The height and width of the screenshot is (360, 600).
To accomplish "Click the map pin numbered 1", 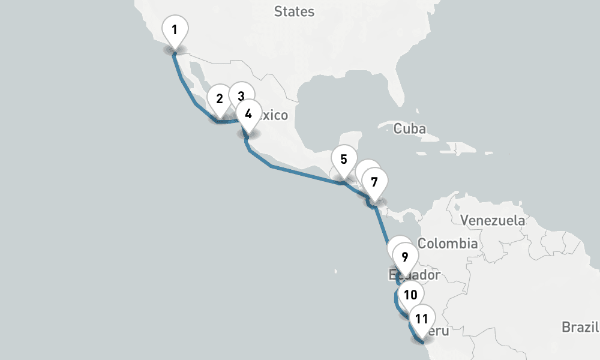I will tap(175, 30).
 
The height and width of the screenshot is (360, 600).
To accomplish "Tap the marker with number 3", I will tap(241, 96).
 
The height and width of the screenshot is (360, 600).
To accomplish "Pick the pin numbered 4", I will tap(248, 113).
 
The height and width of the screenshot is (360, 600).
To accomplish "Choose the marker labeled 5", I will tap(344, 160).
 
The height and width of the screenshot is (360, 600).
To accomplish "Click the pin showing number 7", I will tap(374, 181).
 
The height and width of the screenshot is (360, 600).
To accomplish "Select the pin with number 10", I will tap(410, 295).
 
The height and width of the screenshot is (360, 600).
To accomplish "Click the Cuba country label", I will tap(410, 128).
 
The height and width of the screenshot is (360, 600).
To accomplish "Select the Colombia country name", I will tap(448, 244).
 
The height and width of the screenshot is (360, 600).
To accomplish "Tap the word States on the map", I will tap(294, 11).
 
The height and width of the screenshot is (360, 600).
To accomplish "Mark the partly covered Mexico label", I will tap(275, 115).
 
